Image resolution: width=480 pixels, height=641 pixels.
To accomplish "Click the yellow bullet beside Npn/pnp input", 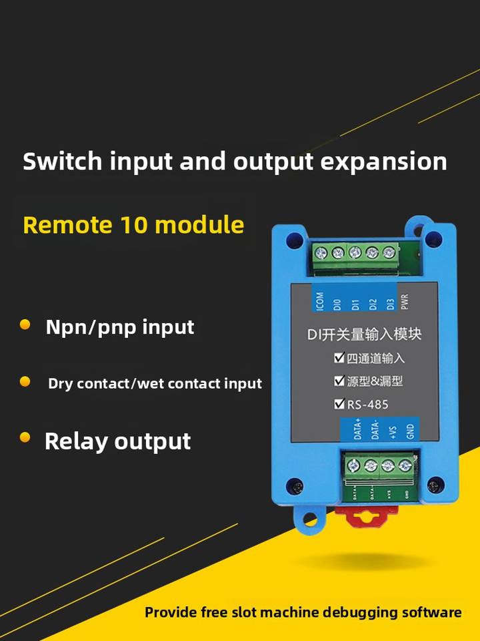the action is (25, 325).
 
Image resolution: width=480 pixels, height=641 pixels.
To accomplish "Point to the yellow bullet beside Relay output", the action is (25, 438).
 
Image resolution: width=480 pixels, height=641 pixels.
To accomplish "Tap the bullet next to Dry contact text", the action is (25, 382).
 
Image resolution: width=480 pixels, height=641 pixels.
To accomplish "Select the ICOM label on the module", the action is (320, 302).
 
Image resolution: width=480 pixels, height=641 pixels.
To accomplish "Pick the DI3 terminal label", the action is (391, 304).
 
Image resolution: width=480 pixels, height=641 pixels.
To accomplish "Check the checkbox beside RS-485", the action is (339, 403).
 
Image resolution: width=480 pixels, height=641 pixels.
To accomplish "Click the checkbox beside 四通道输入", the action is (339, 358).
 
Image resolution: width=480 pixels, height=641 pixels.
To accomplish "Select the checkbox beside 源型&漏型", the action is (339, 381).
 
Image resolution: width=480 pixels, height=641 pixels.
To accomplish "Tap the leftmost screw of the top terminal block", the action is (321, 252).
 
